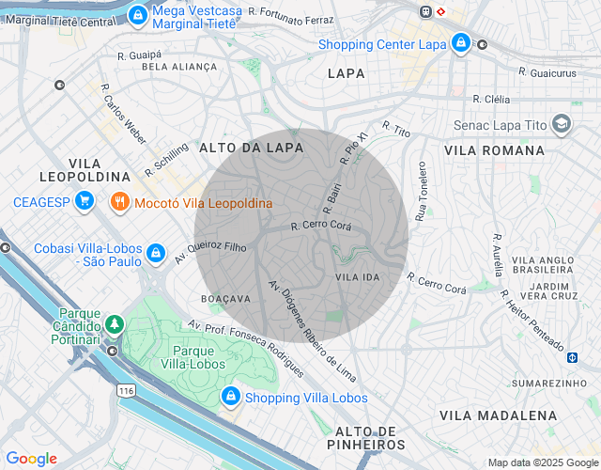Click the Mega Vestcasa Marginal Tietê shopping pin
[138, 14]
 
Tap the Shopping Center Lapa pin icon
[460, 43]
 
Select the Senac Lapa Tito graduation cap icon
[562, 124]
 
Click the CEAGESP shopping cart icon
[85, 201]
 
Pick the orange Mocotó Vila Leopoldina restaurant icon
[119, 202]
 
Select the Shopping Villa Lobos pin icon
[230, 398]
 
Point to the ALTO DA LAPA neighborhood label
[251, 148]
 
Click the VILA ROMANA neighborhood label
[494, 150]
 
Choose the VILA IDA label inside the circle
[357, 277]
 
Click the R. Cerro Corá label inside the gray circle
[320, 226]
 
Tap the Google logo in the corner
[31, 459]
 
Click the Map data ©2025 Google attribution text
[542, 462]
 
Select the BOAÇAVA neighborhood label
[225, 298]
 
